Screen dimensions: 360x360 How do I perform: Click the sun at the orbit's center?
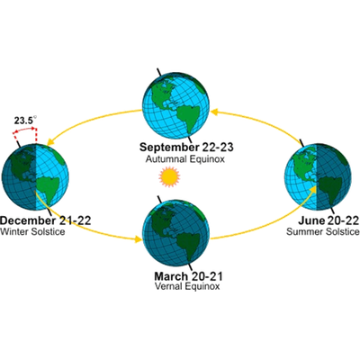(169, 177)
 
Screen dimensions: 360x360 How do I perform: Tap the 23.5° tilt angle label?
(25, 121)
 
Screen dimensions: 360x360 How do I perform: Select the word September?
(169, 148)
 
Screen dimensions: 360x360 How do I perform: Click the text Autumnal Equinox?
(185, 159)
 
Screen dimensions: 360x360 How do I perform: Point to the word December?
(28, 220)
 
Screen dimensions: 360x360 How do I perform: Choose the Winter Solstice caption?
(32, 231)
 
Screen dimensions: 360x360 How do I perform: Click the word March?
(171, 275)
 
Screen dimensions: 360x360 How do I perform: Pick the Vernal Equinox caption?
(187, 286)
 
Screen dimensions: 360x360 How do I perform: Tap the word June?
(311, 220)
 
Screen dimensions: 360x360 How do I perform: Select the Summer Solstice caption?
(323, 231)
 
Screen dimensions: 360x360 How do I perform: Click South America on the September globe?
(186, 118)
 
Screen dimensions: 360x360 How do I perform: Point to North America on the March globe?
(163, 220)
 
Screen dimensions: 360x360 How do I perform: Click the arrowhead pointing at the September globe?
(214, 112)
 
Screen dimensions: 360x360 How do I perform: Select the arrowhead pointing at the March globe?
(139, 239)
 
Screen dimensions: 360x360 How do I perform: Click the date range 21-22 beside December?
(74, 220)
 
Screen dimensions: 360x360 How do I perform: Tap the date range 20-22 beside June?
(344, 220)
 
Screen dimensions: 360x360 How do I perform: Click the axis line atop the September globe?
(160, 72)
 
